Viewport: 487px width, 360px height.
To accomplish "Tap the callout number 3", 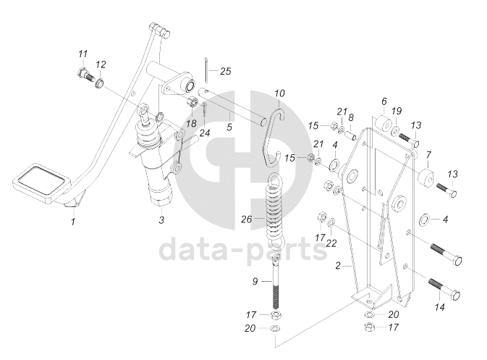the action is (x=161, y=219).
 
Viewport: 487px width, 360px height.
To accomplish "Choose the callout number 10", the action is (x=280, y=93).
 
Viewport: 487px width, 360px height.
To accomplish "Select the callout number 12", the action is (x=101, y=64).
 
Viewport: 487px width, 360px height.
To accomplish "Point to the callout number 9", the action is (x=255, y=282).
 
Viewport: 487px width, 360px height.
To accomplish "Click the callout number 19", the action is (x=397, y=110).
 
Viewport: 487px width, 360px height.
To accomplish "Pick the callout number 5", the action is (x=229, y=127).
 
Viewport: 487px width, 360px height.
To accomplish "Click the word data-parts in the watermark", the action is (x=243, y=251).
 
